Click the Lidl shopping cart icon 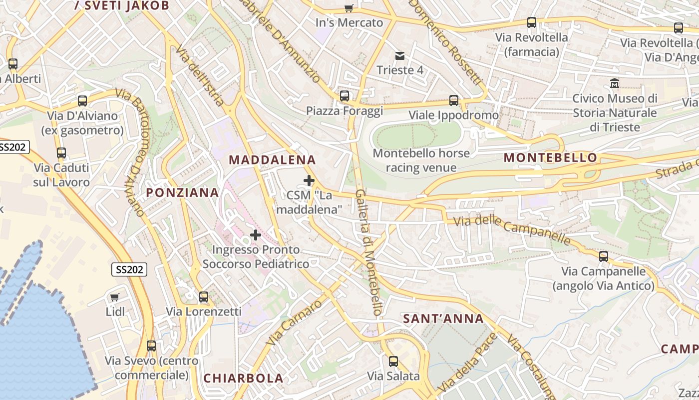(x=115, y=297)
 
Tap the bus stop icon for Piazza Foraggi (x=345, y=96)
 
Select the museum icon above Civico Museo (x=615, y=83)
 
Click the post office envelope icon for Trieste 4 (x=400, y=55)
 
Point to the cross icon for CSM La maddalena (x=309, y=180)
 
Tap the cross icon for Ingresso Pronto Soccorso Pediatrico (x=256, y=234)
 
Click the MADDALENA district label (x=272, y=160)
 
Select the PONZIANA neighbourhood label (x=182, y=192)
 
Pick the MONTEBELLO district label (x=550, y=158)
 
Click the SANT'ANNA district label (x=443, y=318)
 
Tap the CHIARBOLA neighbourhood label (x=243, y=378)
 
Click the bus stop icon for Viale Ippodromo (x=454, y=100)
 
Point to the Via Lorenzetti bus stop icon (x=204, y=297)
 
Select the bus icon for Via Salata (x=393, y=361)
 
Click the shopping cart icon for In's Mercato (x=349, y=8)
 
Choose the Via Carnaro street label (x=294, y=323)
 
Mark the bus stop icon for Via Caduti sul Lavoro (x=61, y=153)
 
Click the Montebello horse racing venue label (x=421, y=160)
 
